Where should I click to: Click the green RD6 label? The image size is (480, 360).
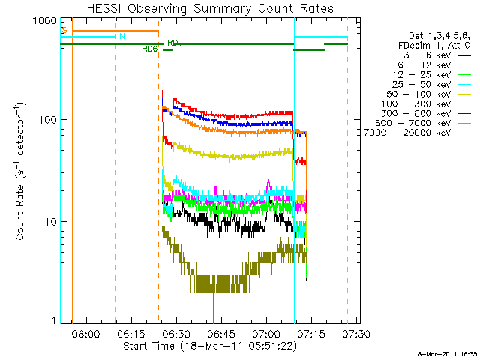tap(149, 49)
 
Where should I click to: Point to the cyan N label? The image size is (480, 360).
tap(122, 35)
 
